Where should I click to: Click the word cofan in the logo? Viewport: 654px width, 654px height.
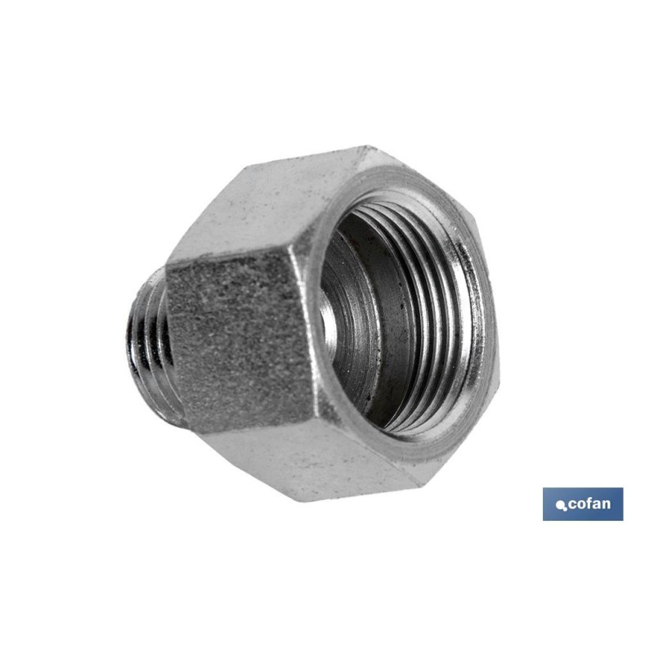coord(589,504)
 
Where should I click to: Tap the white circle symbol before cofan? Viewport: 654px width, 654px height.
coord(561,506)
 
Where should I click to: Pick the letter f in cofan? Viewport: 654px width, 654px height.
coord(590,503)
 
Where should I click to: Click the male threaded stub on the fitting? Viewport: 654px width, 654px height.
coord(147,343)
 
